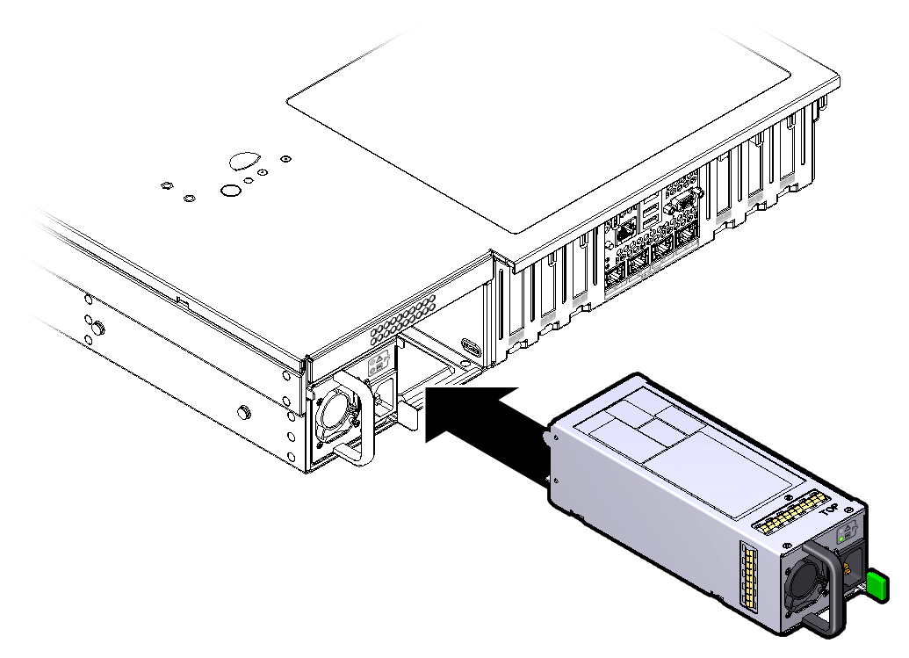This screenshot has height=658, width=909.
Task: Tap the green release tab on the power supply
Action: tap(877, 585)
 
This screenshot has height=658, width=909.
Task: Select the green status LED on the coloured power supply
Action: tap(841, 539)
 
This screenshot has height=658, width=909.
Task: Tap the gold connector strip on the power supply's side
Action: tap(749, 575)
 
